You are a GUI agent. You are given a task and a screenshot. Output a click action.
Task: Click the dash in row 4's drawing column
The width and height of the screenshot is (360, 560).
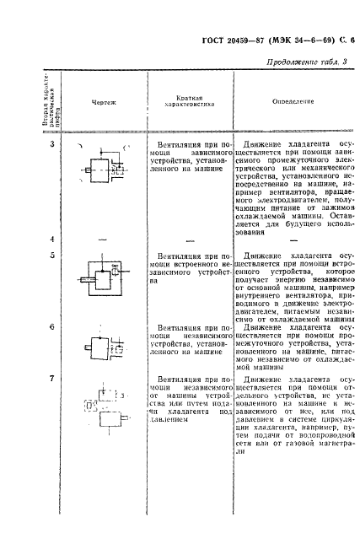pos(102,240)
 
